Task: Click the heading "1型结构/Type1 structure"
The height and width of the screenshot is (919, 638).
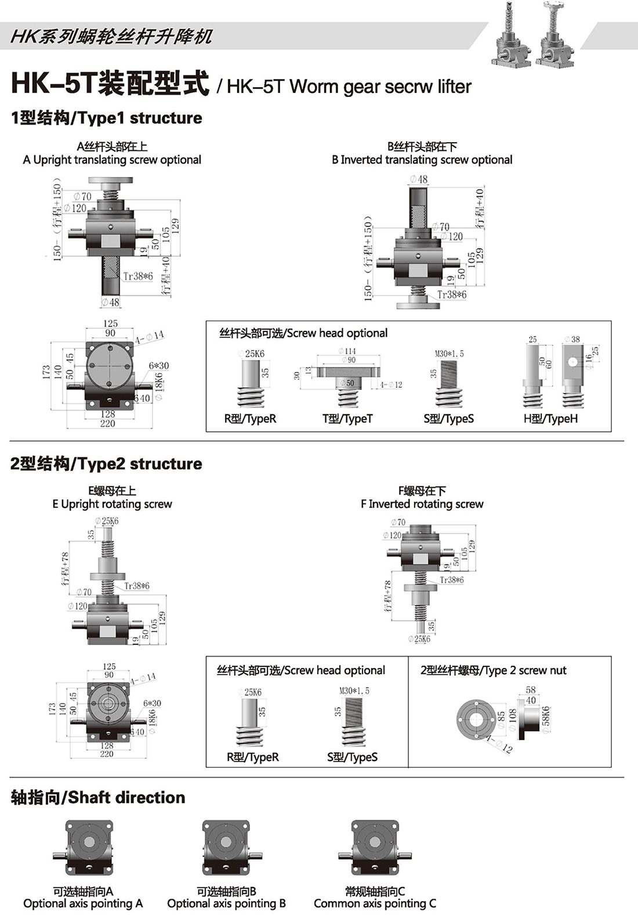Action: [106, 118]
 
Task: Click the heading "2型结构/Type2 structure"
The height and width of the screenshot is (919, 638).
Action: [106, 464]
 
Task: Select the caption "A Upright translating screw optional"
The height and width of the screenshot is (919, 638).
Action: [112, 160]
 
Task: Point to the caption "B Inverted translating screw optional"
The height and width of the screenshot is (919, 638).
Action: [422, 160]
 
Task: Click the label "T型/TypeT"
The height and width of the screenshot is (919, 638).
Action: [347, 419]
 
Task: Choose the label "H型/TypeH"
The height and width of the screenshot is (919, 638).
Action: [550, 419]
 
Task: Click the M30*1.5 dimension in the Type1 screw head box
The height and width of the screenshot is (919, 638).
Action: [449, 354]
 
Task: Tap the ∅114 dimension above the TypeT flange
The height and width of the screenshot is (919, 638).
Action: [347, 351]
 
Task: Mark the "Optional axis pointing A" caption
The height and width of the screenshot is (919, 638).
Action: [83, 903]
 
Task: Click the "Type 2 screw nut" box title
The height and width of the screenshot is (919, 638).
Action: [493, 671]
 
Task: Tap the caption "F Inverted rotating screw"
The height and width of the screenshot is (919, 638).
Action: [422, 504]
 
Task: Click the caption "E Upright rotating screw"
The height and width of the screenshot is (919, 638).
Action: [112, 504]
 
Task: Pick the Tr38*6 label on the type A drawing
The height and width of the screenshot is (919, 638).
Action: [138, 276]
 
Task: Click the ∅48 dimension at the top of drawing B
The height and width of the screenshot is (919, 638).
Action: [419, 179]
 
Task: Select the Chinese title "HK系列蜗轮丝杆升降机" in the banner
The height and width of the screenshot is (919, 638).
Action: [111, 37]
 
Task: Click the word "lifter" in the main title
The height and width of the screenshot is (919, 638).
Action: [454, 87]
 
